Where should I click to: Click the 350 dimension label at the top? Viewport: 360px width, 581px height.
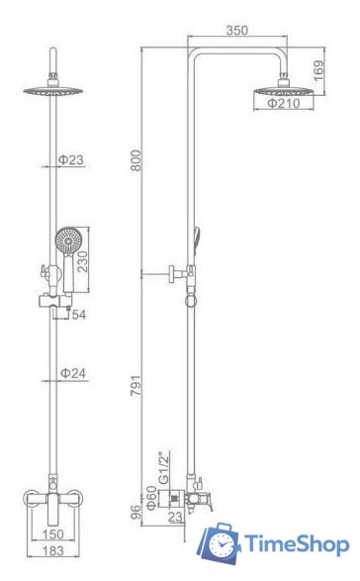(x=237, y=31)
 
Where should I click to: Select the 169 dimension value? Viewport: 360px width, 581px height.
(x=318, y=70)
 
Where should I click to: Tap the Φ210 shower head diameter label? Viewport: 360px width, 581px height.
(x=284, y=103)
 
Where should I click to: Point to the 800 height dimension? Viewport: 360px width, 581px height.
(x=136, y=160)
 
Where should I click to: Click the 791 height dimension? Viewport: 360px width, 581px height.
(x=136, y=386)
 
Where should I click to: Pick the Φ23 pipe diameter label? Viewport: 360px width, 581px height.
(x=71, y=160)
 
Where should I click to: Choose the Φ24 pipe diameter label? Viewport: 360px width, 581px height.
(x=73, y=373)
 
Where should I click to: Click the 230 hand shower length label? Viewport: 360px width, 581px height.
(x=83, y=261)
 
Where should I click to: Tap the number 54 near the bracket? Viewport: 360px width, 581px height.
(x=79, y=315)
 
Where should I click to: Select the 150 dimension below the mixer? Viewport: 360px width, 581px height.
(x=53, y=534)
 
